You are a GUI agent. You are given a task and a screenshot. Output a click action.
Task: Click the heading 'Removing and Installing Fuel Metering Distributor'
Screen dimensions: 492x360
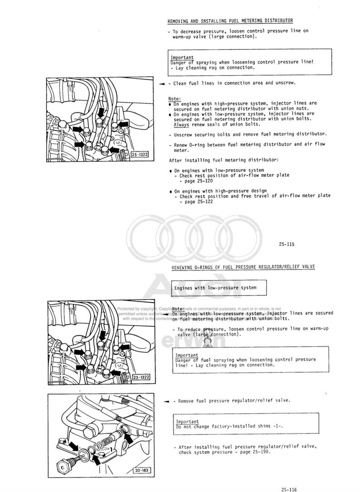coord(230,21)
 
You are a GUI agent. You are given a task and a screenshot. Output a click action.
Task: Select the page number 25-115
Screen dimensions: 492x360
coord(287,244)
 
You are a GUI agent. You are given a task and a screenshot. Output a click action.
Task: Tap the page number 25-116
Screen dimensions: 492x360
coord(289,489)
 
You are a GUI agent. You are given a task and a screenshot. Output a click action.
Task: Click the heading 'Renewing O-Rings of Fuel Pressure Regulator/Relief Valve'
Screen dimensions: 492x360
coord(243,267)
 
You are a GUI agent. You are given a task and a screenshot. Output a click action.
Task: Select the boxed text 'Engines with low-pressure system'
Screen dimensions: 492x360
coord(215,288)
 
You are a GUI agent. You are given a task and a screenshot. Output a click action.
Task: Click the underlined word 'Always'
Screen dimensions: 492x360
coord(181,124)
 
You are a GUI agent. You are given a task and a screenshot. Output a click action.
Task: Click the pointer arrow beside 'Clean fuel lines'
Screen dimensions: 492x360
coord(162,84)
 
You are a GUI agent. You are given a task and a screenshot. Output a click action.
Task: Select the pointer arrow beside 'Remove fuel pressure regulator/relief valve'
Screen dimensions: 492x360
coord(166,401)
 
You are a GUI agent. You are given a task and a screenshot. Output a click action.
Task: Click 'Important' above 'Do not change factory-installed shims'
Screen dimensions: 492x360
coord(187,421)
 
